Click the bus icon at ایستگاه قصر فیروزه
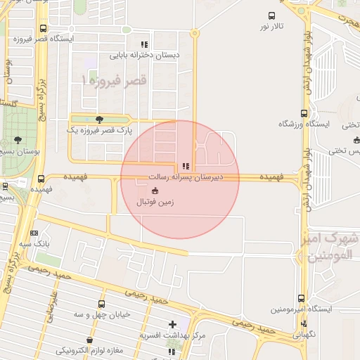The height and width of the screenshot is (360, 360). click(44, 29)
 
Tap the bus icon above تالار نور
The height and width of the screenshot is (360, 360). click(271, 15)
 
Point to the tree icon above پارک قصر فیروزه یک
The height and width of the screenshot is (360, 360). click(99, 120)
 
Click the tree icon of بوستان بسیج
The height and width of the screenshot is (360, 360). click(18, 141)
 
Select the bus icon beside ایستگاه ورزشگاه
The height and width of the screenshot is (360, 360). click(304, 113)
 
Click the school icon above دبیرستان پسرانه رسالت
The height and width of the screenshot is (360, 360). click(185, 167)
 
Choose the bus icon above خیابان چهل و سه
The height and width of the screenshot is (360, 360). click(102, 304)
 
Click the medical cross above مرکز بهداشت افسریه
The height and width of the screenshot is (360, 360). click(172, 324)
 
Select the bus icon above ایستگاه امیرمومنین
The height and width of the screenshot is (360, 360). click(301, 298)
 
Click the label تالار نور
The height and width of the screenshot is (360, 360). click(273, 26)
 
